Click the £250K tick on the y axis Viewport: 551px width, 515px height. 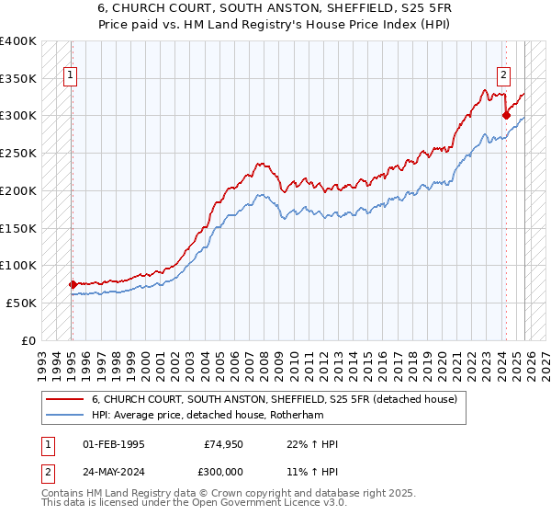pos(18,153)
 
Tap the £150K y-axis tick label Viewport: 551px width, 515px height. pos(18,228)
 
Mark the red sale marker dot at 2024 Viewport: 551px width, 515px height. pos(506,115)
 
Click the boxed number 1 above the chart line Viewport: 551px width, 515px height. pos(71,76)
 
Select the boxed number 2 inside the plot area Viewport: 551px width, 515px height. pos(504,76)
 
